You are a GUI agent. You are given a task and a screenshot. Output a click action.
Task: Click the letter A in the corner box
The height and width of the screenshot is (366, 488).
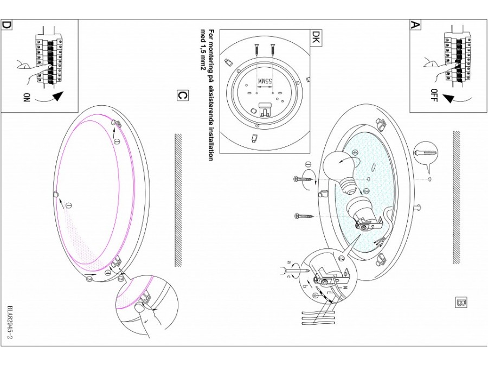415,24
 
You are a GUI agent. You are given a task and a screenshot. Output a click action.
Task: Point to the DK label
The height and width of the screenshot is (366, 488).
316,36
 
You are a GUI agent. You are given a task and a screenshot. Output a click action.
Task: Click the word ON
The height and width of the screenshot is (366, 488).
27,98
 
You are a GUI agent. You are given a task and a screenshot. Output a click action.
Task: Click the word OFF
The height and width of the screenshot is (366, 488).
434,95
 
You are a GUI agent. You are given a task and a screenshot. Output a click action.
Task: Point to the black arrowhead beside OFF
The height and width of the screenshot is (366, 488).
448,99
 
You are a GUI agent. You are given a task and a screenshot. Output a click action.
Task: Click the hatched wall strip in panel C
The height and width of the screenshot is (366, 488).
178,201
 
